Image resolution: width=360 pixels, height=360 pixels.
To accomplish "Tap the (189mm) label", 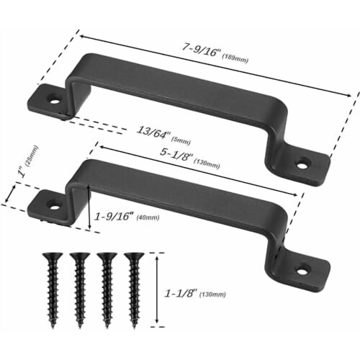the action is click(x=235, y=59).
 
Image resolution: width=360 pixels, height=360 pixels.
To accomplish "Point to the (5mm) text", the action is click(x=181, y=140).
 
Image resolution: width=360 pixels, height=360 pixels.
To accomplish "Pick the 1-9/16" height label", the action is click(x=114, y=217).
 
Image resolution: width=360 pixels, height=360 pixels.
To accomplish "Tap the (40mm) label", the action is click(x=148, y=217).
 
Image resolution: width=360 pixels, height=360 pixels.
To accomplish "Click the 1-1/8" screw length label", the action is click(x=180, y=293).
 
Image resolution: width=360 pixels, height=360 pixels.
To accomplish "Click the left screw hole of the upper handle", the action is click(x=55, y=99).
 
